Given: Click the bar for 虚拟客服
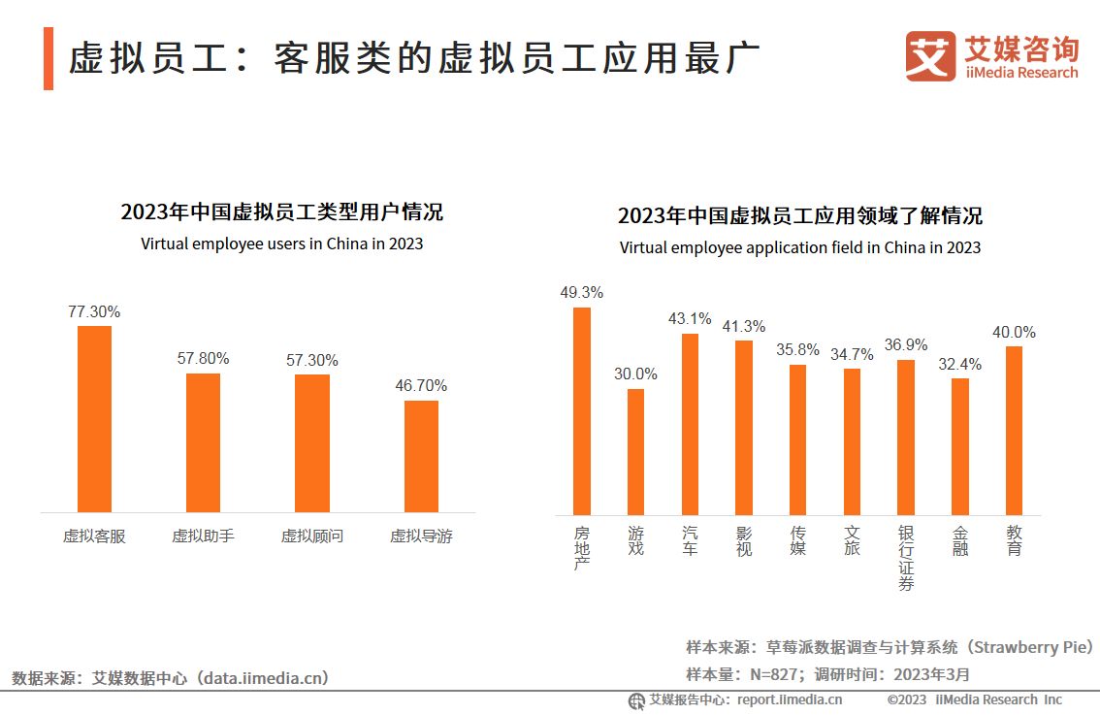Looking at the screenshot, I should [94, 418].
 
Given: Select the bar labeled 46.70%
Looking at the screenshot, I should [421, 456].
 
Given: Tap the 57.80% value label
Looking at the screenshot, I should [203, 358].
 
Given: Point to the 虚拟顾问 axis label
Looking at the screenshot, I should [311, 536].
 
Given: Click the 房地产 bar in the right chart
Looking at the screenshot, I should [582, 410].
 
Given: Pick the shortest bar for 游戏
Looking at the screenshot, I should [635, 451].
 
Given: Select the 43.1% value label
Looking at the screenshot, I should [690, 318].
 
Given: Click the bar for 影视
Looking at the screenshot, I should [743, 427].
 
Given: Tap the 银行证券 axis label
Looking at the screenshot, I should [905, 559].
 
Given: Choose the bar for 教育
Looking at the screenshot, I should [1014, 430].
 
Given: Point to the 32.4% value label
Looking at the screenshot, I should [959, 364].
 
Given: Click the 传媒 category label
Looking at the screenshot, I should [797, 541].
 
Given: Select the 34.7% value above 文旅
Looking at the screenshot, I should [852, 354].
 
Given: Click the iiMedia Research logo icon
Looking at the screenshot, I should [930, 56].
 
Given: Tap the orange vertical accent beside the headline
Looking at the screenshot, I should [49, 59].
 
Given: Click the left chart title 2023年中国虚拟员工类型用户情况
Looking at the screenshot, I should [281, 212].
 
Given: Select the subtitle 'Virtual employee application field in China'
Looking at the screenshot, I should [799, 247].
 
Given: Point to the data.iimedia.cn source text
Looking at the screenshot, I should [263, 677].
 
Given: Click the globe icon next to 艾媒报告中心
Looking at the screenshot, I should [636, 700].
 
